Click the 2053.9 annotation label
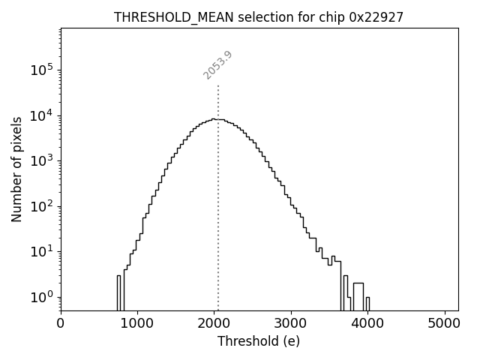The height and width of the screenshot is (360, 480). tap(217, 65)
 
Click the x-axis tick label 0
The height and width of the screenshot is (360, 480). tap(61, 324)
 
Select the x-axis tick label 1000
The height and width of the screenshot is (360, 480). tap(137, 324)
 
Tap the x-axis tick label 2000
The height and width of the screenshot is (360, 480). tap(214, 324)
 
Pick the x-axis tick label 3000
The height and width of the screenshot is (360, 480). tap(291, 324)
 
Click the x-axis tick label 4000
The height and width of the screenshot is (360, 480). tap(367, 324)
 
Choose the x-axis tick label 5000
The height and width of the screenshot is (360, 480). tap(445, 324)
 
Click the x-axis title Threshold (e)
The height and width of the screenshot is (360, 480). tap(259, 341)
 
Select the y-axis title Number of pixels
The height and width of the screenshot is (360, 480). tap(16, 169)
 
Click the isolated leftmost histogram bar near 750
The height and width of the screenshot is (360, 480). tap(118, 292)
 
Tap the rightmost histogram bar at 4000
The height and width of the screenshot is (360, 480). tap(367, 303)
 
